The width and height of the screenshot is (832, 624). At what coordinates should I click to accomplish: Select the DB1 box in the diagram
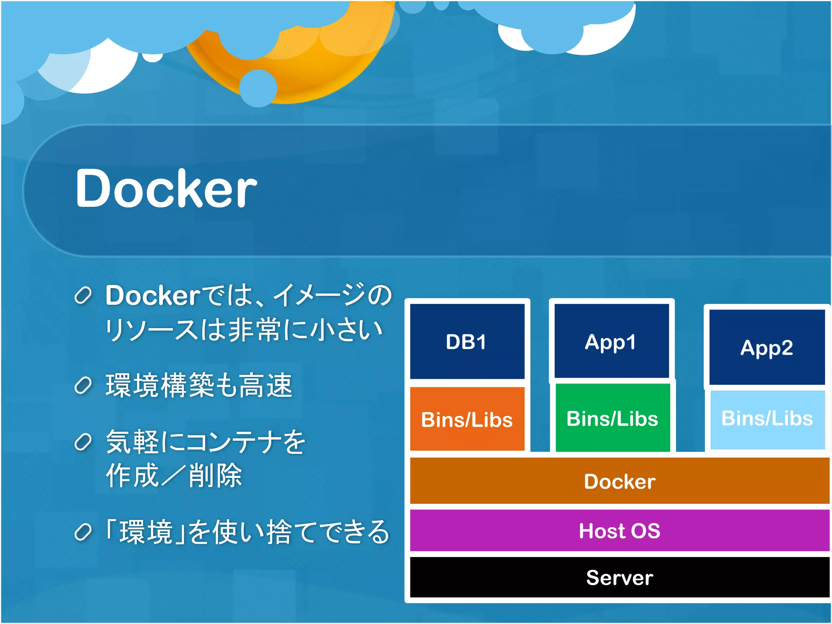pyautogui.click(x=467, y=341)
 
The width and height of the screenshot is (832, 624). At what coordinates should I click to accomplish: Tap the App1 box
pyautogui.click(x=611, y=341)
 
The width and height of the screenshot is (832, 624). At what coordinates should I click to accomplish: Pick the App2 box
pyautogui.click(x=767, y=347)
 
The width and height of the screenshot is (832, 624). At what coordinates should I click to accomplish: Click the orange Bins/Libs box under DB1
pyautogui.click(x=467, y=419)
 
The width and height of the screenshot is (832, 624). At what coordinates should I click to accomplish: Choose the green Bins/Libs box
pyautogui.click(x=612, y=418)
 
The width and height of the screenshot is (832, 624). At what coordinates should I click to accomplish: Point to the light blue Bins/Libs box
pyautogui.click(x=767, y=419)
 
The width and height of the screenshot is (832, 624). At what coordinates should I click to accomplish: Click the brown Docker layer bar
pyautogui.click(x=620, y=481)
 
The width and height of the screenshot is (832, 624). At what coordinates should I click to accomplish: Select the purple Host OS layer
pyautogui.click(x=620, y=530)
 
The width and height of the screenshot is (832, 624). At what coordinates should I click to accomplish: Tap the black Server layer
pyautogui.click(x=620, y=577)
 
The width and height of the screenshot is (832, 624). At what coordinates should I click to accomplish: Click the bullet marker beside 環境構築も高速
pyautogui.click(x=83, y=386)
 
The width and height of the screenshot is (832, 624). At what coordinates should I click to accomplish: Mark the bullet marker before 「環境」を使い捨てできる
pyautogui.click(x=83, y=532)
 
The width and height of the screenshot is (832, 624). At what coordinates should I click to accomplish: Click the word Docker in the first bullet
pyautogui.click(x=153, y=295)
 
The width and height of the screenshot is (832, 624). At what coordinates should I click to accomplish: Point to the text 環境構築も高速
pyautogui.click(x=199, y=385)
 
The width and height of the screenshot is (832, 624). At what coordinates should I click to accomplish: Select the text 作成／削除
pyautogui.click(x=174, y=475)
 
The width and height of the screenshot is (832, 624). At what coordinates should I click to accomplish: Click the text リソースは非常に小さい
pyautogui.click(x=244, y=329)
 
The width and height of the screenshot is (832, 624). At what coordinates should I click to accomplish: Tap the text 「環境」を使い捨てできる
pyautogui.click(x=247, y=532)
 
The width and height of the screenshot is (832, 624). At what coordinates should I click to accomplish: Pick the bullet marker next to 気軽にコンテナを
pyautogui.click(x=83, y=442)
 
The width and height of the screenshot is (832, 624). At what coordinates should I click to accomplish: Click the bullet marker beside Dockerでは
pyautogui.click(x=83, y=296)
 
